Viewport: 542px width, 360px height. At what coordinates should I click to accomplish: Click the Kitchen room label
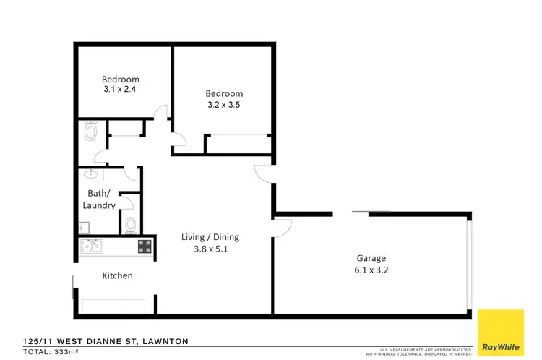(x=117, y=275)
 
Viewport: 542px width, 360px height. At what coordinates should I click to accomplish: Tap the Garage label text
(x=371, y=258)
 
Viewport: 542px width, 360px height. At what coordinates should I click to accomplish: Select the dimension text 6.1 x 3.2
(x=371, y=270)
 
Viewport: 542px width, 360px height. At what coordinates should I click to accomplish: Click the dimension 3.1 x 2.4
(x=120, y=90)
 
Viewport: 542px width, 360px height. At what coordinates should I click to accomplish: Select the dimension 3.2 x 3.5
(x=224, y=104)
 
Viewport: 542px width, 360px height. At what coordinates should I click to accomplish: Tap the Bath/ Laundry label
(x=99, y=200)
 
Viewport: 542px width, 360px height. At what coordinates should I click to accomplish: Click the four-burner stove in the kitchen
(x=145, y=247)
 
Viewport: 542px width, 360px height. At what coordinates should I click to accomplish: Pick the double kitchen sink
(x=92, y=247)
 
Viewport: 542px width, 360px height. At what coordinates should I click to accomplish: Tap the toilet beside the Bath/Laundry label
(x=130, y=225)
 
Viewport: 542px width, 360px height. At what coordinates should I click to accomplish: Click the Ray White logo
(x=501, y=332)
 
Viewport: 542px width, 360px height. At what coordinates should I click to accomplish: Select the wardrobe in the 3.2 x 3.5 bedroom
(x=238, y=144)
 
